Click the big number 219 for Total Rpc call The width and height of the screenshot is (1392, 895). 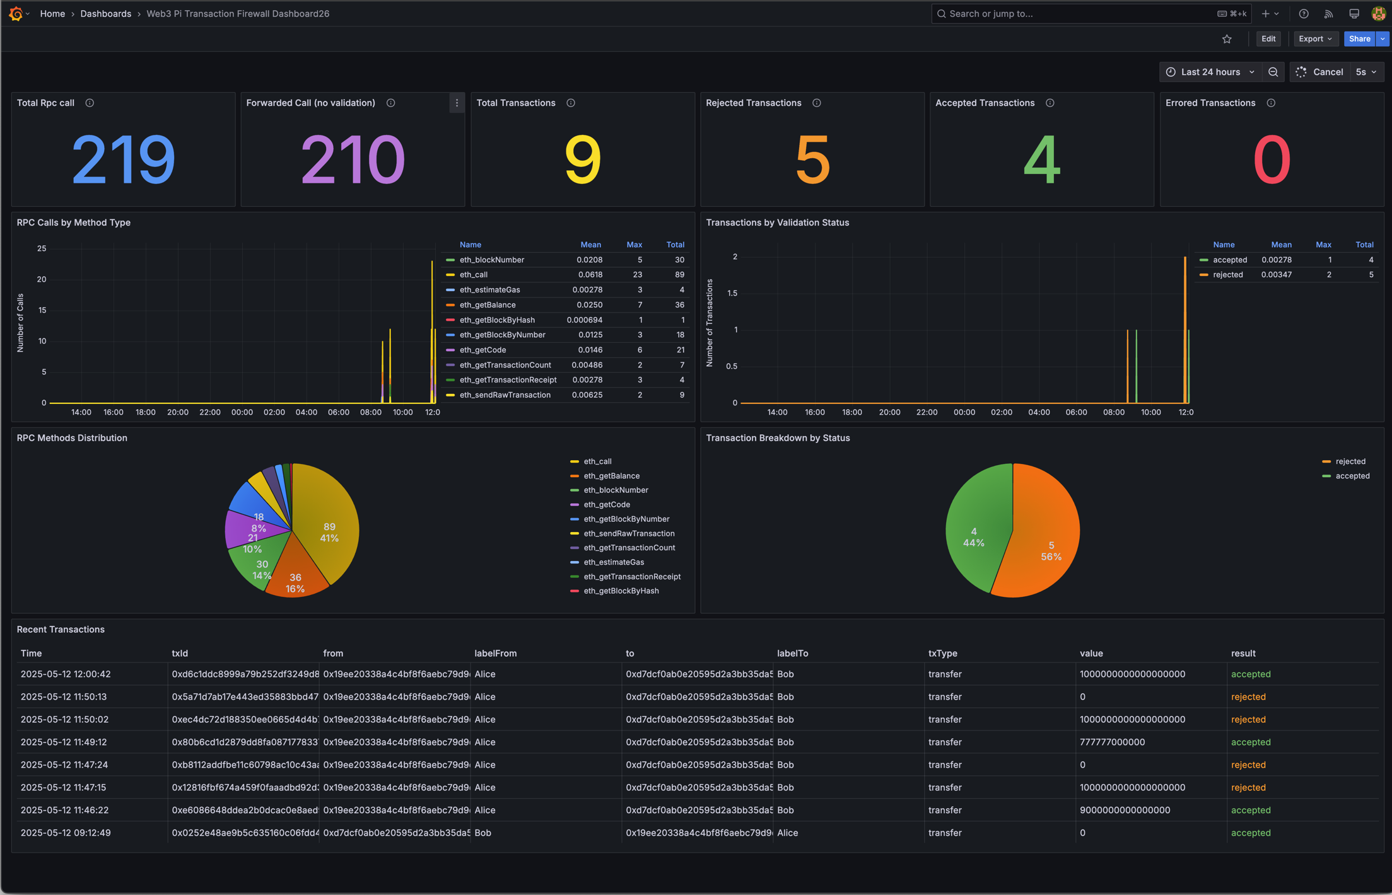pos(123,160)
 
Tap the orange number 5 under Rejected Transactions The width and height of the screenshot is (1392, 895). pos(812,160)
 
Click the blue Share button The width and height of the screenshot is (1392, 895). pos(1359,39)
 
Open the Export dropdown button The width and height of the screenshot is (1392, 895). pos(1314,39)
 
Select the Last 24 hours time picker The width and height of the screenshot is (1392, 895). pos(1209,72)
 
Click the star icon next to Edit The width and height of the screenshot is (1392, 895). pos(1226,39)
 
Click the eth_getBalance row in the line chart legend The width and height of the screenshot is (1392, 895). pos(487,305)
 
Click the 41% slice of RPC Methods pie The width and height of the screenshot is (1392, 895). pos(329,532)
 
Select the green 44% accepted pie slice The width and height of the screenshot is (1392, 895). pos(973,537)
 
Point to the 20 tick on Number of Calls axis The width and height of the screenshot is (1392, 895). pos(42,279)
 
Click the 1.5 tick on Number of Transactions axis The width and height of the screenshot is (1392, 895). pos(732,293)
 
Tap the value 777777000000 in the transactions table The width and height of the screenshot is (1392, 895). pos(1111,742)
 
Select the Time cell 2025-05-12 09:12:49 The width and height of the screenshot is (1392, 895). pos(66,833)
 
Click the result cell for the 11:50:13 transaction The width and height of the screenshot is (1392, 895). pos(1248,696)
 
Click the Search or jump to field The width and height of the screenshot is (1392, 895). pos(1072,13)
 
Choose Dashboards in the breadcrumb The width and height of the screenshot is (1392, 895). pos(105,13)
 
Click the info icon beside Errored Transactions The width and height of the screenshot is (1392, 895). pos(1270,103)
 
